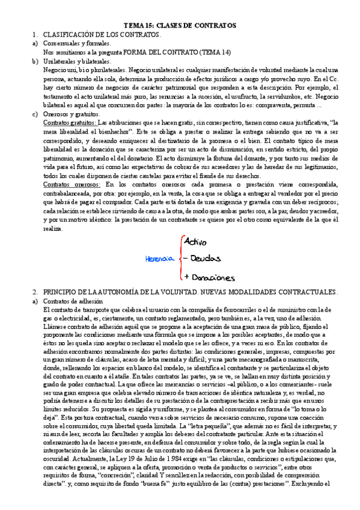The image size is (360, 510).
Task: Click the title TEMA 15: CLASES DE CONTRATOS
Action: [x=180, y=25]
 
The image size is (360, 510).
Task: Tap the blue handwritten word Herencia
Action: [x=159, y=259]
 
